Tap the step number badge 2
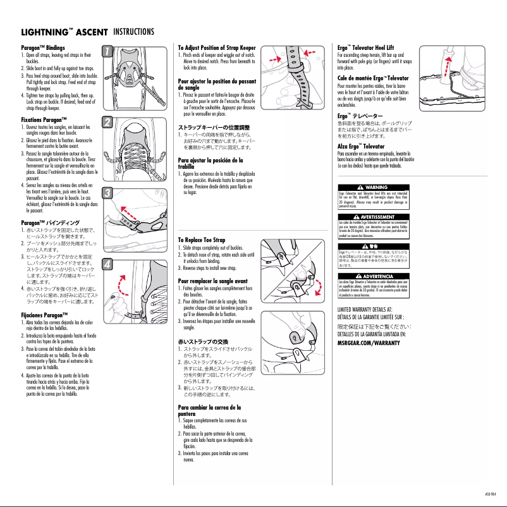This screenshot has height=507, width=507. [107, 121]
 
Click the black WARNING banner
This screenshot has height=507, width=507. [370, 188]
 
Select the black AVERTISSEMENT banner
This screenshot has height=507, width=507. [370, 217]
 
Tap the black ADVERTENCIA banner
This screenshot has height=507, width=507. [370, 276]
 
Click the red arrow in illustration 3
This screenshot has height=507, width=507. [131, 211]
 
